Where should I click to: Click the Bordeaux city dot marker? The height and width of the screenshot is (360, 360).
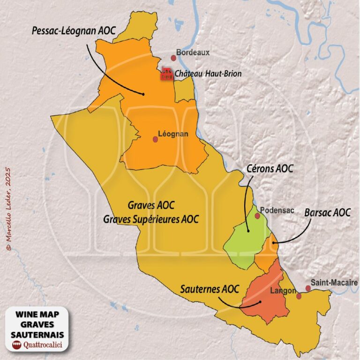pyautogui.click(x=173, y=58)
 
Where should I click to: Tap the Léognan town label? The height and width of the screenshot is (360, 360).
pyautogui.click(x=174, y=134)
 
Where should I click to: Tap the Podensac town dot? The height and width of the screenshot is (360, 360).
pyautogui.click(x=257, y=216)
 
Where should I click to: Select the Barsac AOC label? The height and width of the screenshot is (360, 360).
pyautogui.click(x=327, y=212)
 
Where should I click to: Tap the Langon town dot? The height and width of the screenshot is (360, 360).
pyautogui.click(x=299, y=296)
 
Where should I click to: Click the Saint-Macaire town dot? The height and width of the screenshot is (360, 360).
pyautogui.click(x=308, y=288)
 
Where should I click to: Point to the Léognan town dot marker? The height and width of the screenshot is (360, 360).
pyautogui.click(x=156, y=139)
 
